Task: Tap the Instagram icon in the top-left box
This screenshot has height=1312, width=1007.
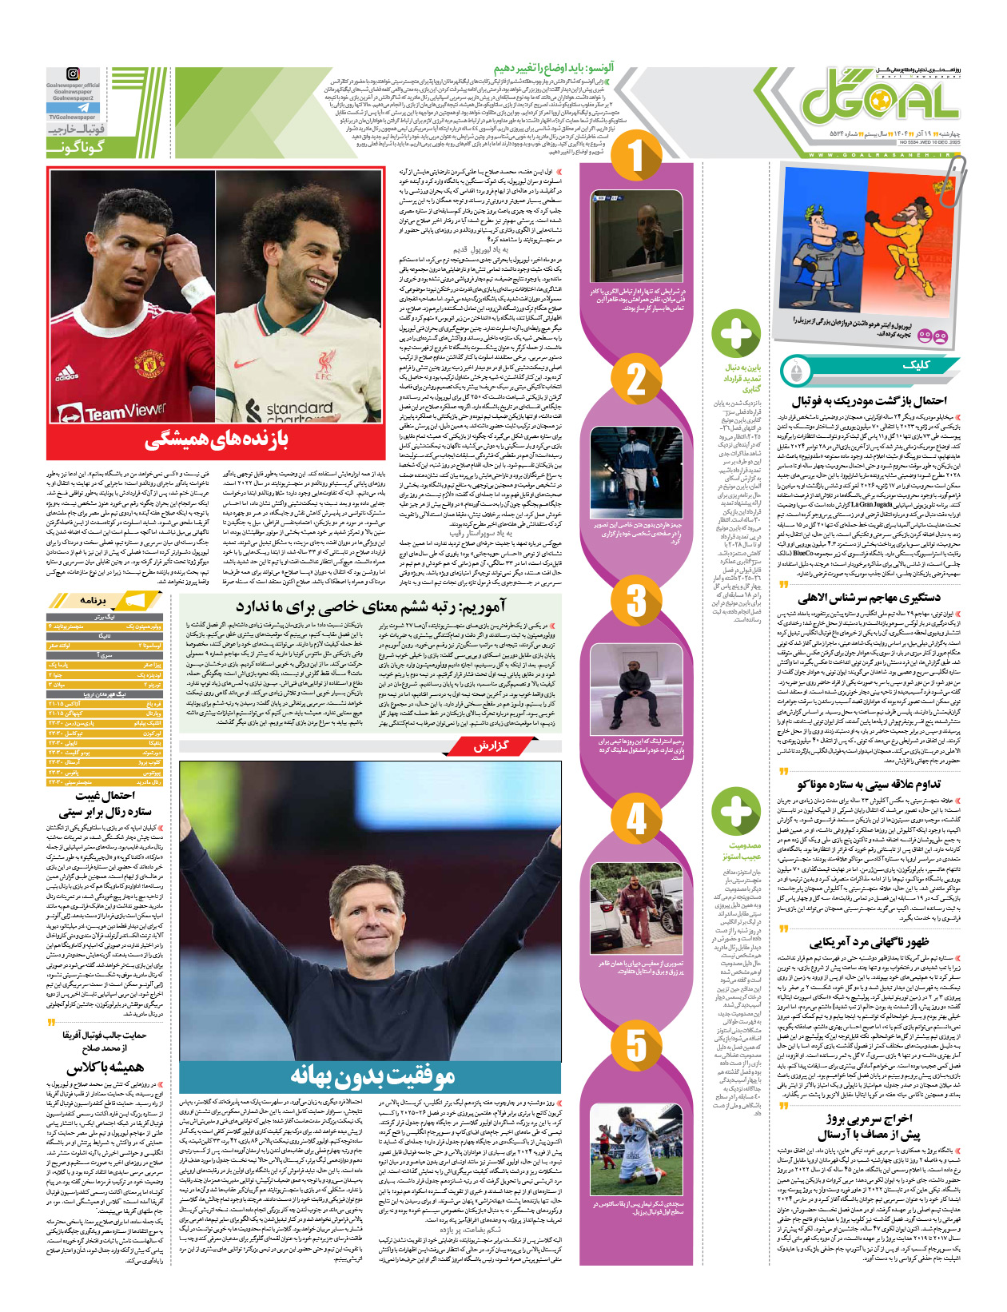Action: (73, 74)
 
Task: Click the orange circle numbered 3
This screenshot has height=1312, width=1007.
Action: (635, 598)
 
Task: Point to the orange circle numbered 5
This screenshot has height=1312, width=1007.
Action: (635, 1044)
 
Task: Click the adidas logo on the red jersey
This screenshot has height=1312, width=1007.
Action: (68, 372)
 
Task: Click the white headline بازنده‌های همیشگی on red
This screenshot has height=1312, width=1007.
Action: (216, 439)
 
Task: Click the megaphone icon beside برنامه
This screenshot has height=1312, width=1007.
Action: (133, 600)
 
